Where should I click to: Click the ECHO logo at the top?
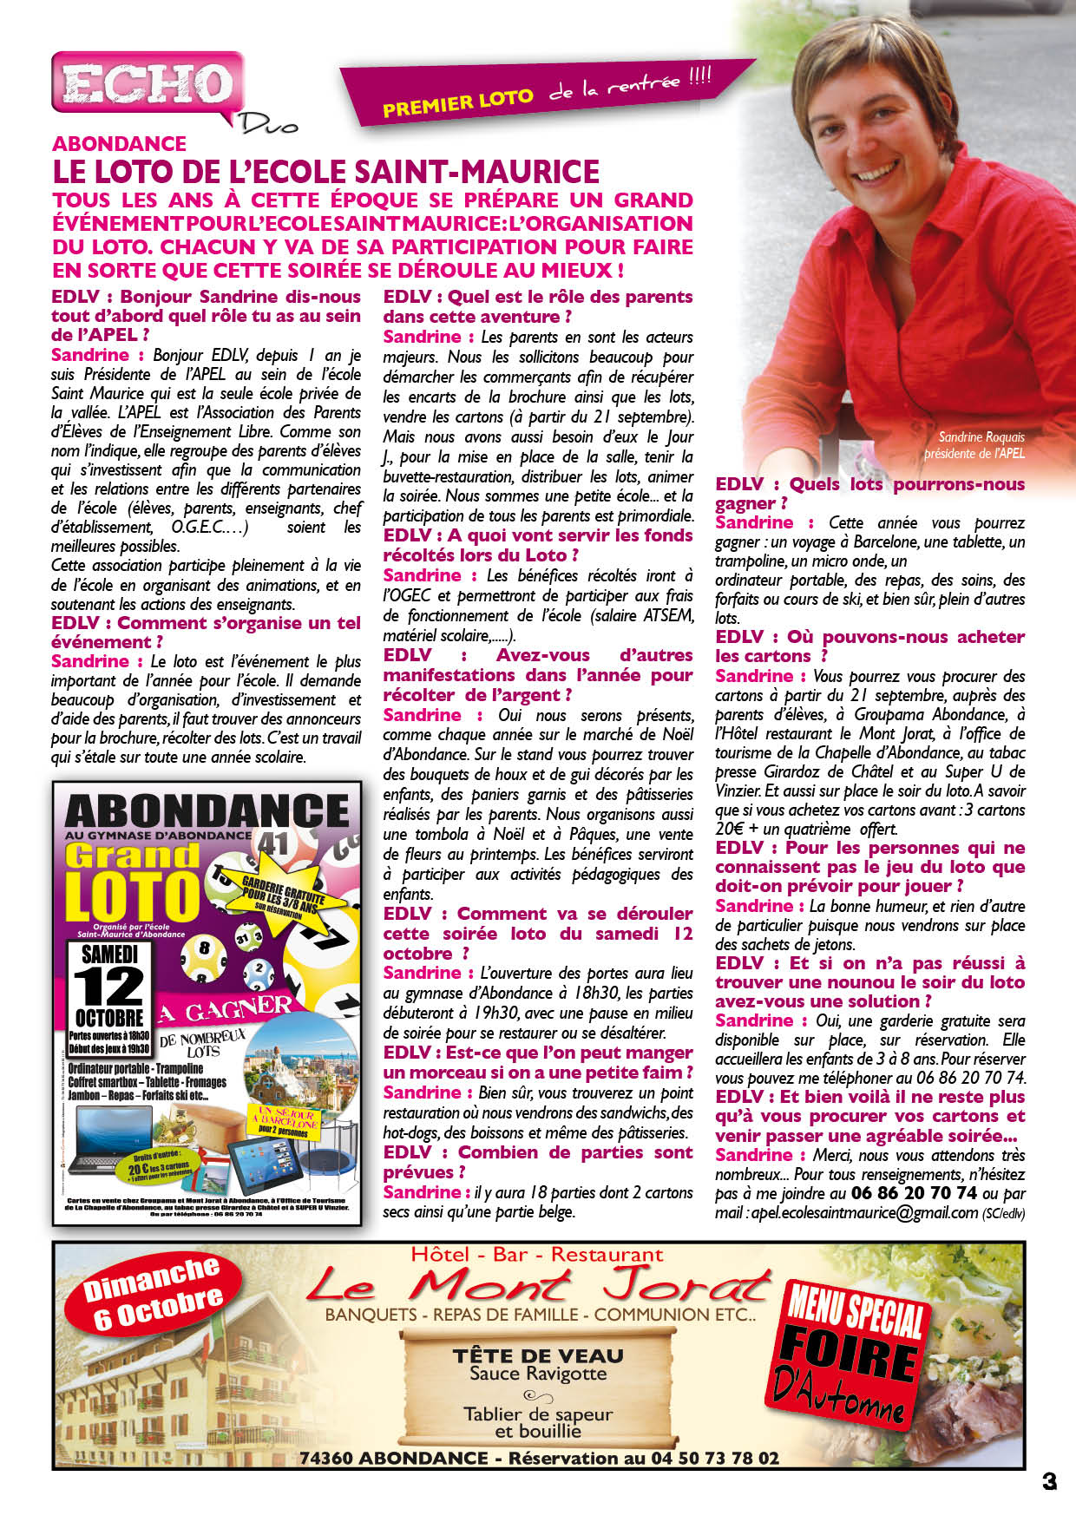[146, 85]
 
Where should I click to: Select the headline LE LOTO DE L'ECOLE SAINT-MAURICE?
[325, 171]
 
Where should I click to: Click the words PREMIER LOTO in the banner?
[457, 102]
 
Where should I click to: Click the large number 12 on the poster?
[109, 987]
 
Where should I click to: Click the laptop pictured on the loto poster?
[102, 1138]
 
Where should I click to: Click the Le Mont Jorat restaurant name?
[538, 1285]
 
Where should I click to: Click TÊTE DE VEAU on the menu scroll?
[538, 1355]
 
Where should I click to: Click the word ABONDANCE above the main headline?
[120, 144]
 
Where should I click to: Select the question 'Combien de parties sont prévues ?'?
[537, 1162]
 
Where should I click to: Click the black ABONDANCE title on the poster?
[207, 811]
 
